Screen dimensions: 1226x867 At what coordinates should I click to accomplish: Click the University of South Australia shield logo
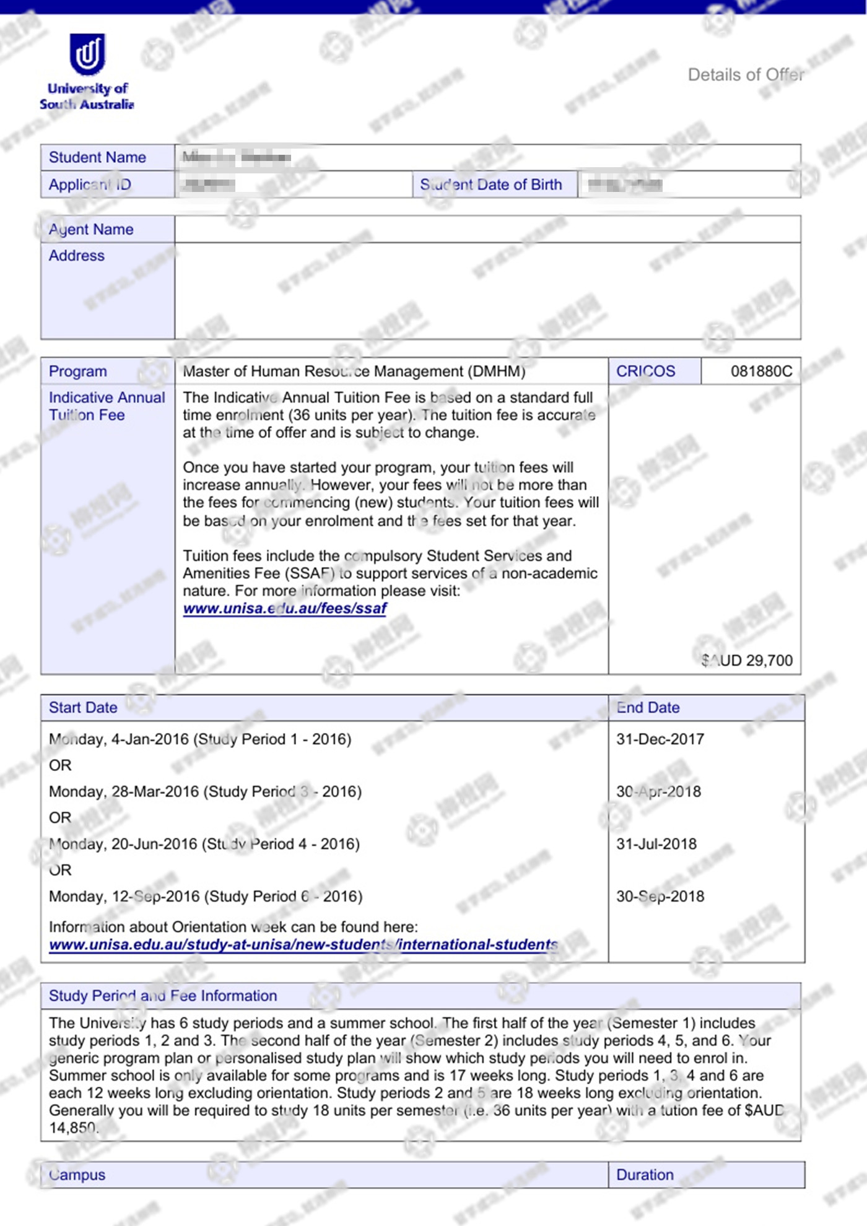(x=87, y=54)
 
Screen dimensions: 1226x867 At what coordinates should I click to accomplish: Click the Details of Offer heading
(x=746, y=75)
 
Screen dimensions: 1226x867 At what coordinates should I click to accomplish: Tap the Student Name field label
(x=97, y=157)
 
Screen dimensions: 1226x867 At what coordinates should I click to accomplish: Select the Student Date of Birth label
(x=490, y=185)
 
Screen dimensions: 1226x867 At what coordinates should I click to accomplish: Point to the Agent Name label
(x=91, y=229)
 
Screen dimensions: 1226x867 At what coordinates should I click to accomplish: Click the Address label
(x=77, y=255)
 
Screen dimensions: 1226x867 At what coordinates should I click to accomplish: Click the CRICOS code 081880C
(x=761, y=371)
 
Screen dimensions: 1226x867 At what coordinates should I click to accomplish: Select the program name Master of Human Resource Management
(x=354, y=371)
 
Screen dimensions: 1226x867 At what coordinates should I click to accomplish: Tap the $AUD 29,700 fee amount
(x=747, y=660)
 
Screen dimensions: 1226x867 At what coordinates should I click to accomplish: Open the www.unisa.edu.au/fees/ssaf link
(x=285, y=608)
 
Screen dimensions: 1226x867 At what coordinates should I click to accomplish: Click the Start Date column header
(x=83, y=707)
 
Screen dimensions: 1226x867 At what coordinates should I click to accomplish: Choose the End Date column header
(x=648, y=707)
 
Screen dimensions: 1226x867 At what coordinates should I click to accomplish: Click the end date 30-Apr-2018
(x=658, y=791)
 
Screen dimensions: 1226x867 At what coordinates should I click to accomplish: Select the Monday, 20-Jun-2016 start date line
(x=204, y=844)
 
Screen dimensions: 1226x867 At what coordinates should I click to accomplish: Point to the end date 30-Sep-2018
(x=660, y=896)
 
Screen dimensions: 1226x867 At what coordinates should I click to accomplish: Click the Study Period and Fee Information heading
(x=163, y=996)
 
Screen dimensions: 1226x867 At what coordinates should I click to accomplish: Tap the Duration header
(x=645, y=1175)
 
